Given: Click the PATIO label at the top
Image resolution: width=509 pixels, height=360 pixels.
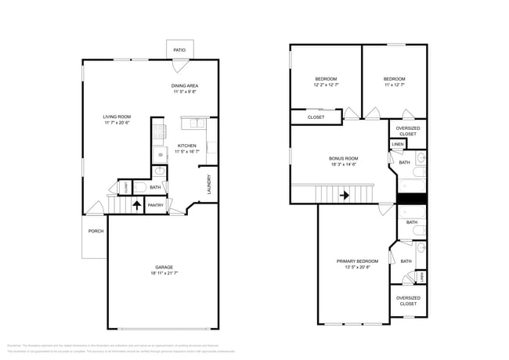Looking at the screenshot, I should pos(179,50).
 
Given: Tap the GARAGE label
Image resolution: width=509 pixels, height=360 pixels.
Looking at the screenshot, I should pos(164,267).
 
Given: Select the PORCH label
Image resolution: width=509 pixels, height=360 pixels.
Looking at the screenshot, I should pos(96,231).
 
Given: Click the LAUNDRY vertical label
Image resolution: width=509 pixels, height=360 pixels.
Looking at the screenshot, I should pos(209,184).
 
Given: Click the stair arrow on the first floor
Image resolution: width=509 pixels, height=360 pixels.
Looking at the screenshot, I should pos(138,206).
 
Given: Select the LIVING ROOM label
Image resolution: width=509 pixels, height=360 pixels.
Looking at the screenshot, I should pos(117,117).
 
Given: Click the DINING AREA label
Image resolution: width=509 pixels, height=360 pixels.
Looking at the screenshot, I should pos(185,85).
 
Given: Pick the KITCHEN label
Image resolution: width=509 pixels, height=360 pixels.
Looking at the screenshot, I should pos(186,146).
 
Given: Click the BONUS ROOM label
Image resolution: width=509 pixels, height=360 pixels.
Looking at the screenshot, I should pos(343,158).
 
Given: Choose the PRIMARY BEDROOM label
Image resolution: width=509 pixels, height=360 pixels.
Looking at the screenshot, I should pos(357,261).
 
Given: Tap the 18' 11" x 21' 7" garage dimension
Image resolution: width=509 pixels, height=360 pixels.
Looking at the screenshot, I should pos(164,273).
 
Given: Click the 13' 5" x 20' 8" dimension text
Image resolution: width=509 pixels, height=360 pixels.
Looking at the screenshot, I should pos(357,267).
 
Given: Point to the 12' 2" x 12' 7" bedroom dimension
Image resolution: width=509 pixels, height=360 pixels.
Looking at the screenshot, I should pos(326,85).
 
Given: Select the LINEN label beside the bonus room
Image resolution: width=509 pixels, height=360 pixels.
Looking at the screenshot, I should pos(398,145).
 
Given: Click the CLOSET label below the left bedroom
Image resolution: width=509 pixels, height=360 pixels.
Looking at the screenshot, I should pos(316,117).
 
